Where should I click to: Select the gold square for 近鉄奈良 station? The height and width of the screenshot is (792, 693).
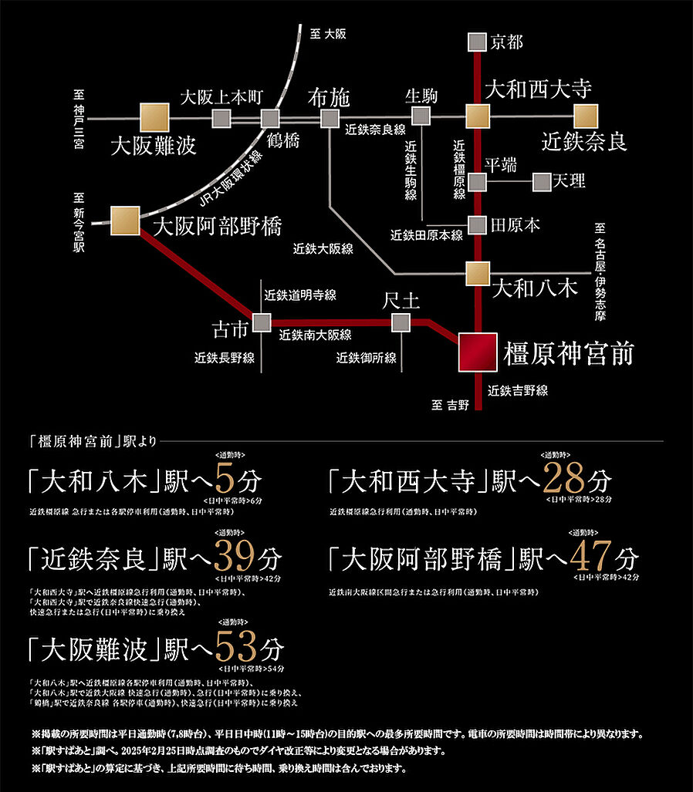point(586,117)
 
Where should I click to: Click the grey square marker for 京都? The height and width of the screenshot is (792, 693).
point(478,42)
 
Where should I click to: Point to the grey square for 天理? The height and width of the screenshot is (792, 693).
point(543,182)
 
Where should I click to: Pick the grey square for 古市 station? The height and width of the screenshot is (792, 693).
point(262,322)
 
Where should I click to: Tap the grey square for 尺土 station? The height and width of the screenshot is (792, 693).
point(401,322)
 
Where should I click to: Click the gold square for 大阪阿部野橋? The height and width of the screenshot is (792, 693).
point(125,221)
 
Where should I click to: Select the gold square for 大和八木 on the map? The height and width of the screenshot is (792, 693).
point(478,273)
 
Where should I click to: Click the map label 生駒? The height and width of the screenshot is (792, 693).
point(421,96)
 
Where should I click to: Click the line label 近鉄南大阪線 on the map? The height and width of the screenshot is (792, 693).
point(316,335)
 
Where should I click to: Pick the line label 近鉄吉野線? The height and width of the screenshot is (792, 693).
point(518,391)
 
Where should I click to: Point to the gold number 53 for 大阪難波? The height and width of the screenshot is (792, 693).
point(237,644)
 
